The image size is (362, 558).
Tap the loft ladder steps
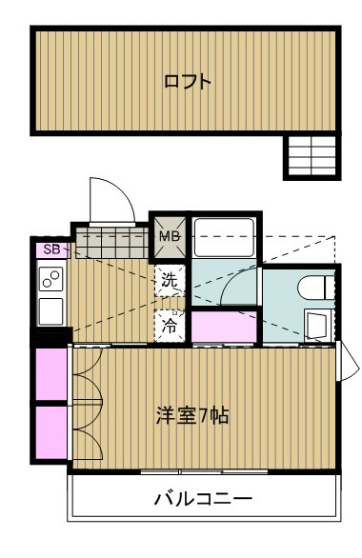[x=312, y=155]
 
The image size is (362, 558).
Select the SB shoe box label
[x=51, y=249]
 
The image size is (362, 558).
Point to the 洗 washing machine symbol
[x=169, y=281]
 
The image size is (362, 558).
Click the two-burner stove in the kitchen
[x=50, y=279]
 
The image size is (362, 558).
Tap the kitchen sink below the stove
[x=50, y=310]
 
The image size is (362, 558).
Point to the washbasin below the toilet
[x=317, y=324]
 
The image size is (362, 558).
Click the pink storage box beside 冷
[x=223, y=326]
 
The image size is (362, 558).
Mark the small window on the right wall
[x=347, y=359]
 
